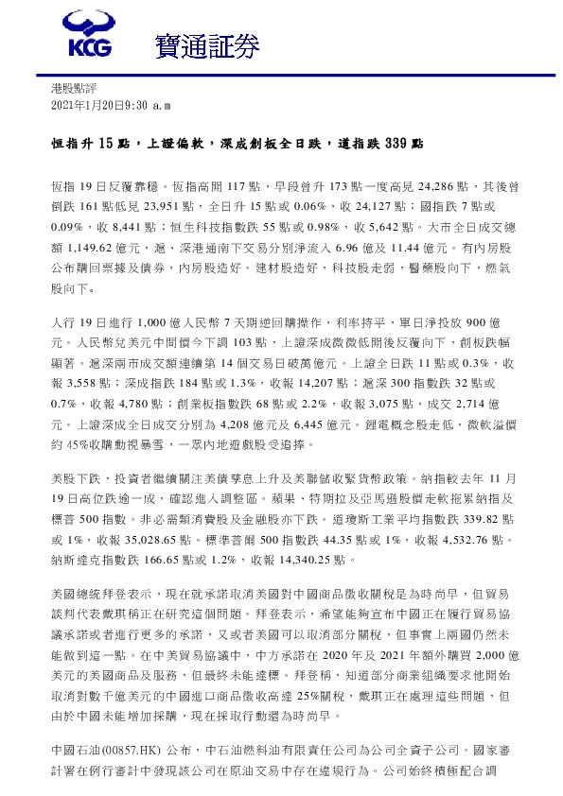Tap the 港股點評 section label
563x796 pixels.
pos(73,87)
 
